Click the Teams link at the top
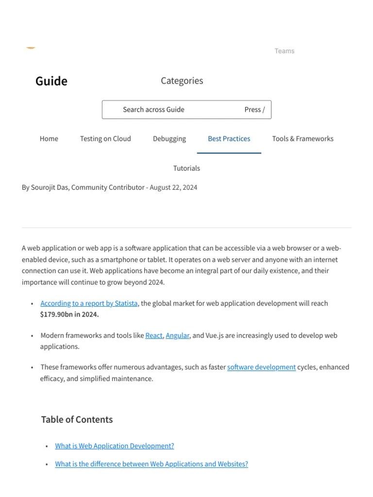(284, 51)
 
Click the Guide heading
(51, 81)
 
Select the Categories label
(182, 81)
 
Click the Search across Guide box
(186, 110)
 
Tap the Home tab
(49, 139)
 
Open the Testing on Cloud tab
(105, 139)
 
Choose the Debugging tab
(169, 139)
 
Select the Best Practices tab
(229, 139)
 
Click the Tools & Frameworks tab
(303, 139)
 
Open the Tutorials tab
(186, 168)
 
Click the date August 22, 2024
(173, 187)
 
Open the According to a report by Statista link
(89, 303)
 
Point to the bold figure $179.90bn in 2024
(69, 315)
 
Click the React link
(154, 335)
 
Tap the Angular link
(177, 335)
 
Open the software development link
(261, 367)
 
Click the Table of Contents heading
(77, 420)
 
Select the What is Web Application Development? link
(114, 446)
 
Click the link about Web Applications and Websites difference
(151, 464)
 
